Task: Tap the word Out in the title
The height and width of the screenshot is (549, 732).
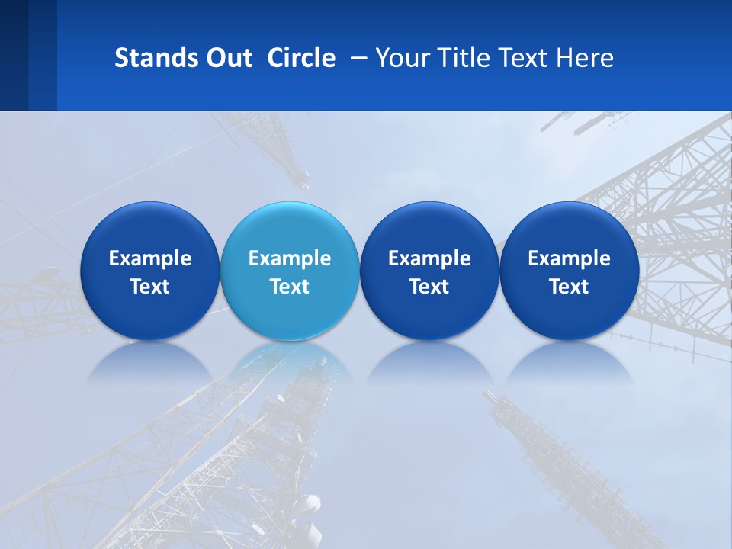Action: (226, 58)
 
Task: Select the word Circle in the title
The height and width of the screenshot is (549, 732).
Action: (301, 58)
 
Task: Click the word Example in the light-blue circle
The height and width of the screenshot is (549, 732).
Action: (290, 258)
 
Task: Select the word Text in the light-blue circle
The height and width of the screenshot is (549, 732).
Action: (290, 287)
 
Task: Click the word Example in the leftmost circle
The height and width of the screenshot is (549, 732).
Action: (150, 258)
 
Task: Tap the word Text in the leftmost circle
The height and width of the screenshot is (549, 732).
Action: (150, 287)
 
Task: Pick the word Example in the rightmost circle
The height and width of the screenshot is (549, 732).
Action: (569, 258)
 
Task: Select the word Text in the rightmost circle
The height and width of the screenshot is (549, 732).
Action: (569, 287)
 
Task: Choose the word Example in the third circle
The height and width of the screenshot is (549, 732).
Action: (429, 258)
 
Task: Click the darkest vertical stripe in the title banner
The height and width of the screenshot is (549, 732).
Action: (14, 55)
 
